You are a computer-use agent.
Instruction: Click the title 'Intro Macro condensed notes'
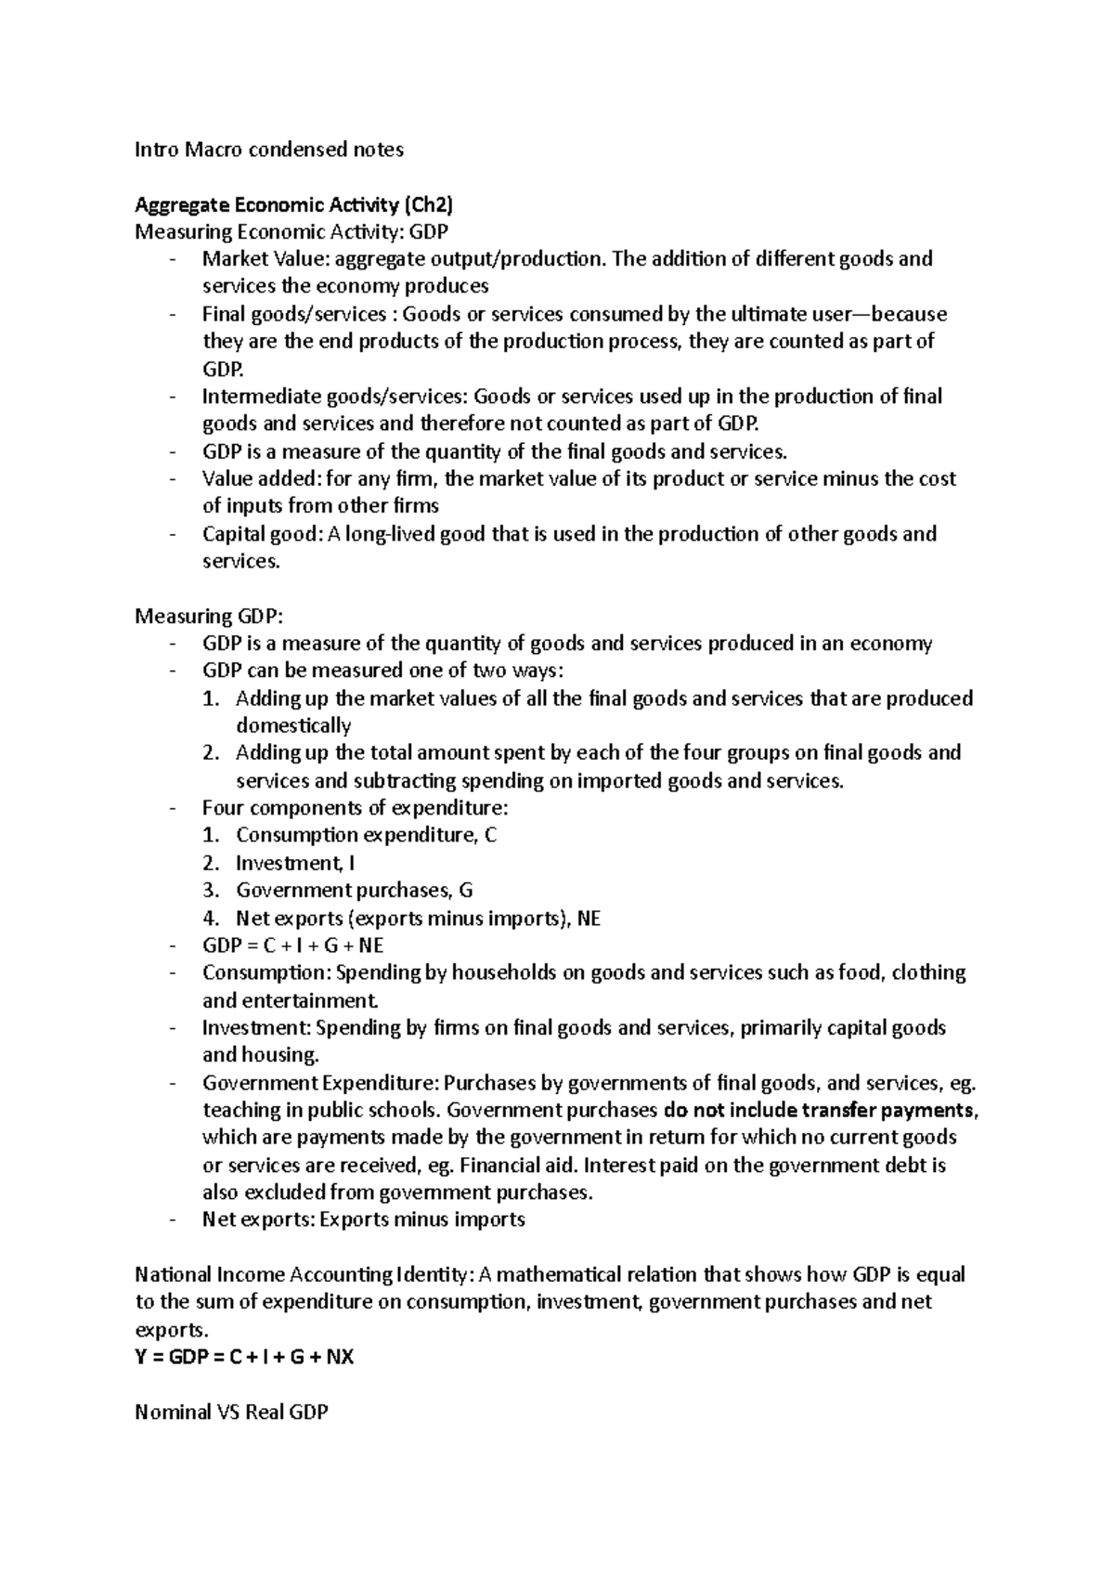[x=269, y=150]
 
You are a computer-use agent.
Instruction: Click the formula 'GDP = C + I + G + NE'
[x=292, y=945]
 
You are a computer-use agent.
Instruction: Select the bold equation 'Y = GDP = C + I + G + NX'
[x=244, y=1357]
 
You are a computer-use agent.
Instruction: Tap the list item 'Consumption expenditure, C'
[x=366, y=835]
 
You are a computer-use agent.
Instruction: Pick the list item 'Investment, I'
[x=295, y=863]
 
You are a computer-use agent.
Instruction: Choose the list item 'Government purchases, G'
[x=354, y=891]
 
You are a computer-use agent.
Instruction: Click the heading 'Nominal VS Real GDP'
[x=231, y=1413]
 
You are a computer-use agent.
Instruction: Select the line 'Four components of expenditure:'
[x=356, y=808]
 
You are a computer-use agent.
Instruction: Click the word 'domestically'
[x=293, y=726]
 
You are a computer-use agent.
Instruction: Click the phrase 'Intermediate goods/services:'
[x=335, y=397]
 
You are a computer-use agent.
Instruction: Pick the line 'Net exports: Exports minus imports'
[x=363, y=1219]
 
